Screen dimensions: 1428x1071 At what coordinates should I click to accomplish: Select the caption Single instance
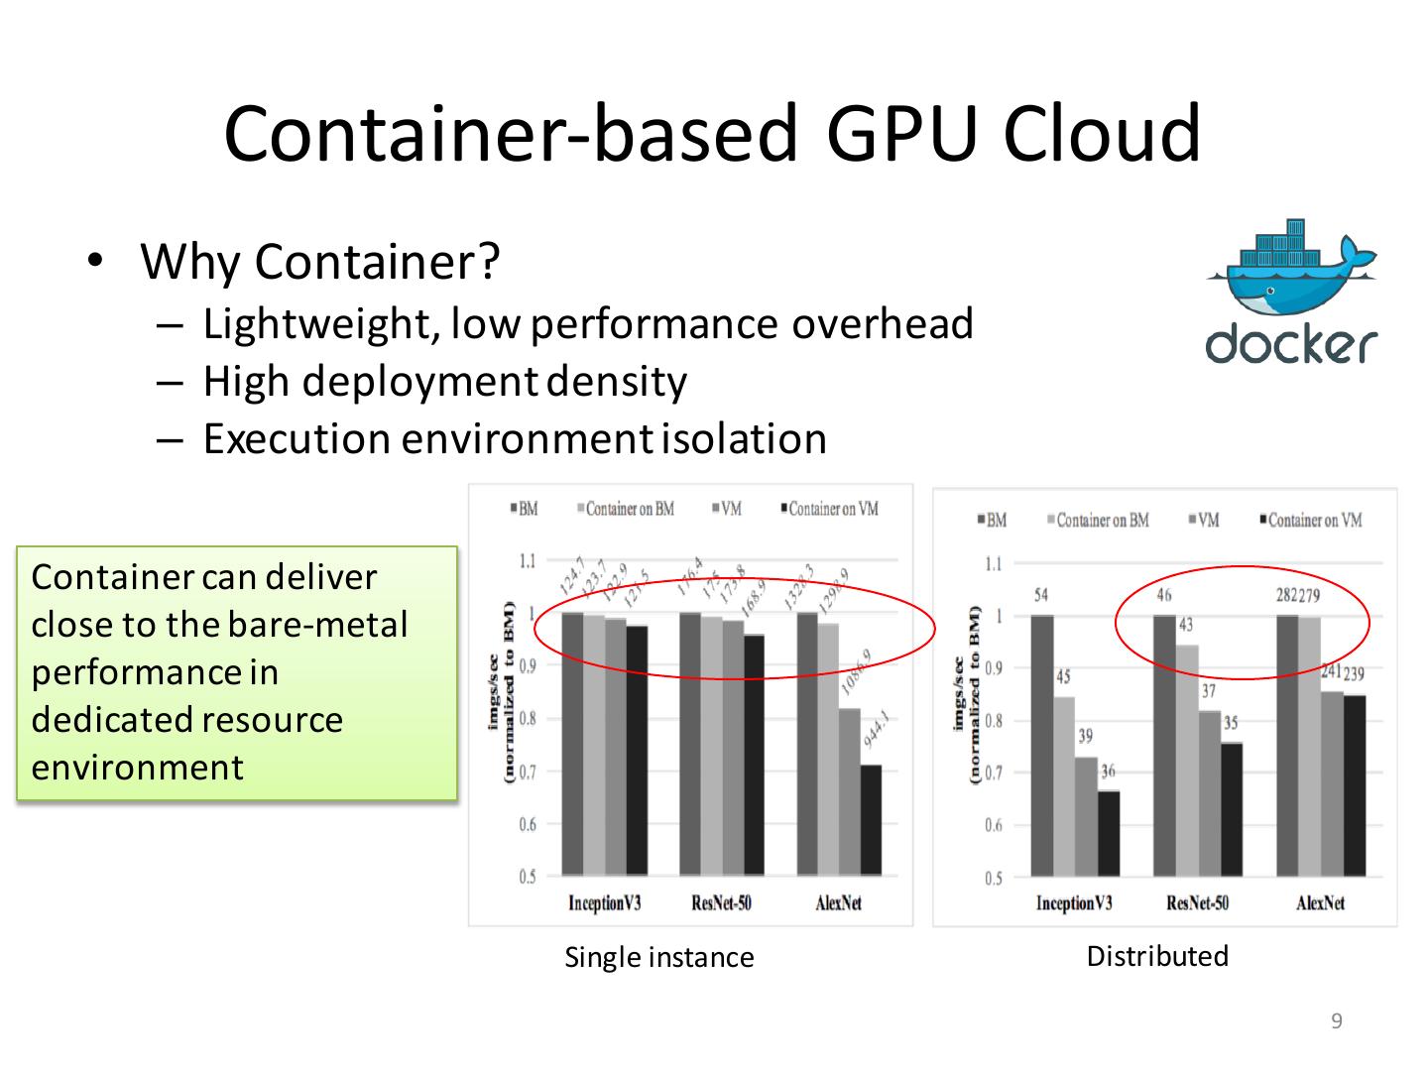click(658, 957)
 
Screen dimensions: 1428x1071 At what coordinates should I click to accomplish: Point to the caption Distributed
click(1157, 956)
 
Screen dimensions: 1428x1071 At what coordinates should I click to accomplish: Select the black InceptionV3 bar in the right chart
click(1108, 833)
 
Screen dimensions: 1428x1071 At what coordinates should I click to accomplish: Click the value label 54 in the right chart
click(1041, 596)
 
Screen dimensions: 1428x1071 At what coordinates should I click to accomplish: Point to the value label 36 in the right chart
click(1108, 771)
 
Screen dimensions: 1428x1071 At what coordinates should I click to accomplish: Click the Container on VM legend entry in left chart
click(831, 509)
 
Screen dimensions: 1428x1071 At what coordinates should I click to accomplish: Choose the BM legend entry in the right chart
click(992, 520)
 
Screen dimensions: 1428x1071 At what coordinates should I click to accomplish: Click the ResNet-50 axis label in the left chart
click(721, 902)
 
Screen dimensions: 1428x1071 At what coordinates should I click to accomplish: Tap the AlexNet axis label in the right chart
click(1320, 902)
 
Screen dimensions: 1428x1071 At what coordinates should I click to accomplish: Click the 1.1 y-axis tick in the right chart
click(993, 564)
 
